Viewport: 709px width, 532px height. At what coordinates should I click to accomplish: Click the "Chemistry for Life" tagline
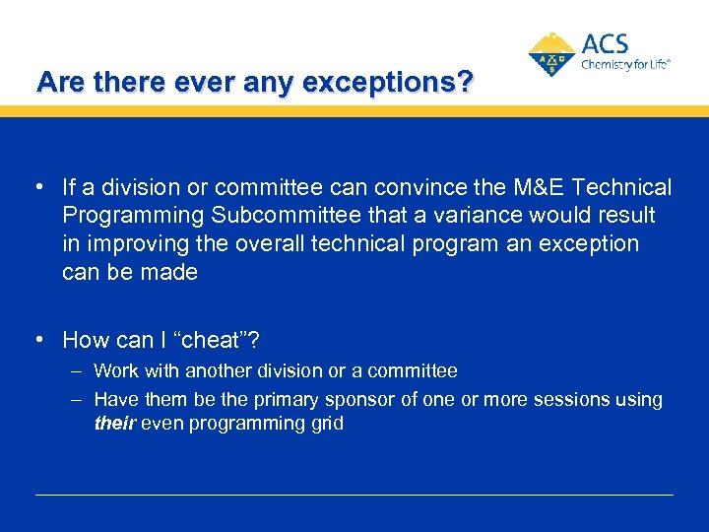[625, 64]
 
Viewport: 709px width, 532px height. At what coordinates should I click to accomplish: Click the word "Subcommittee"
[264, 215]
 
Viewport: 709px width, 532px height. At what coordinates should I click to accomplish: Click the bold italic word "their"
[115, 424]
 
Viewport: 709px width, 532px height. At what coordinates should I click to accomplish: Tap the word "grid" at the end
[326, 424]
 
